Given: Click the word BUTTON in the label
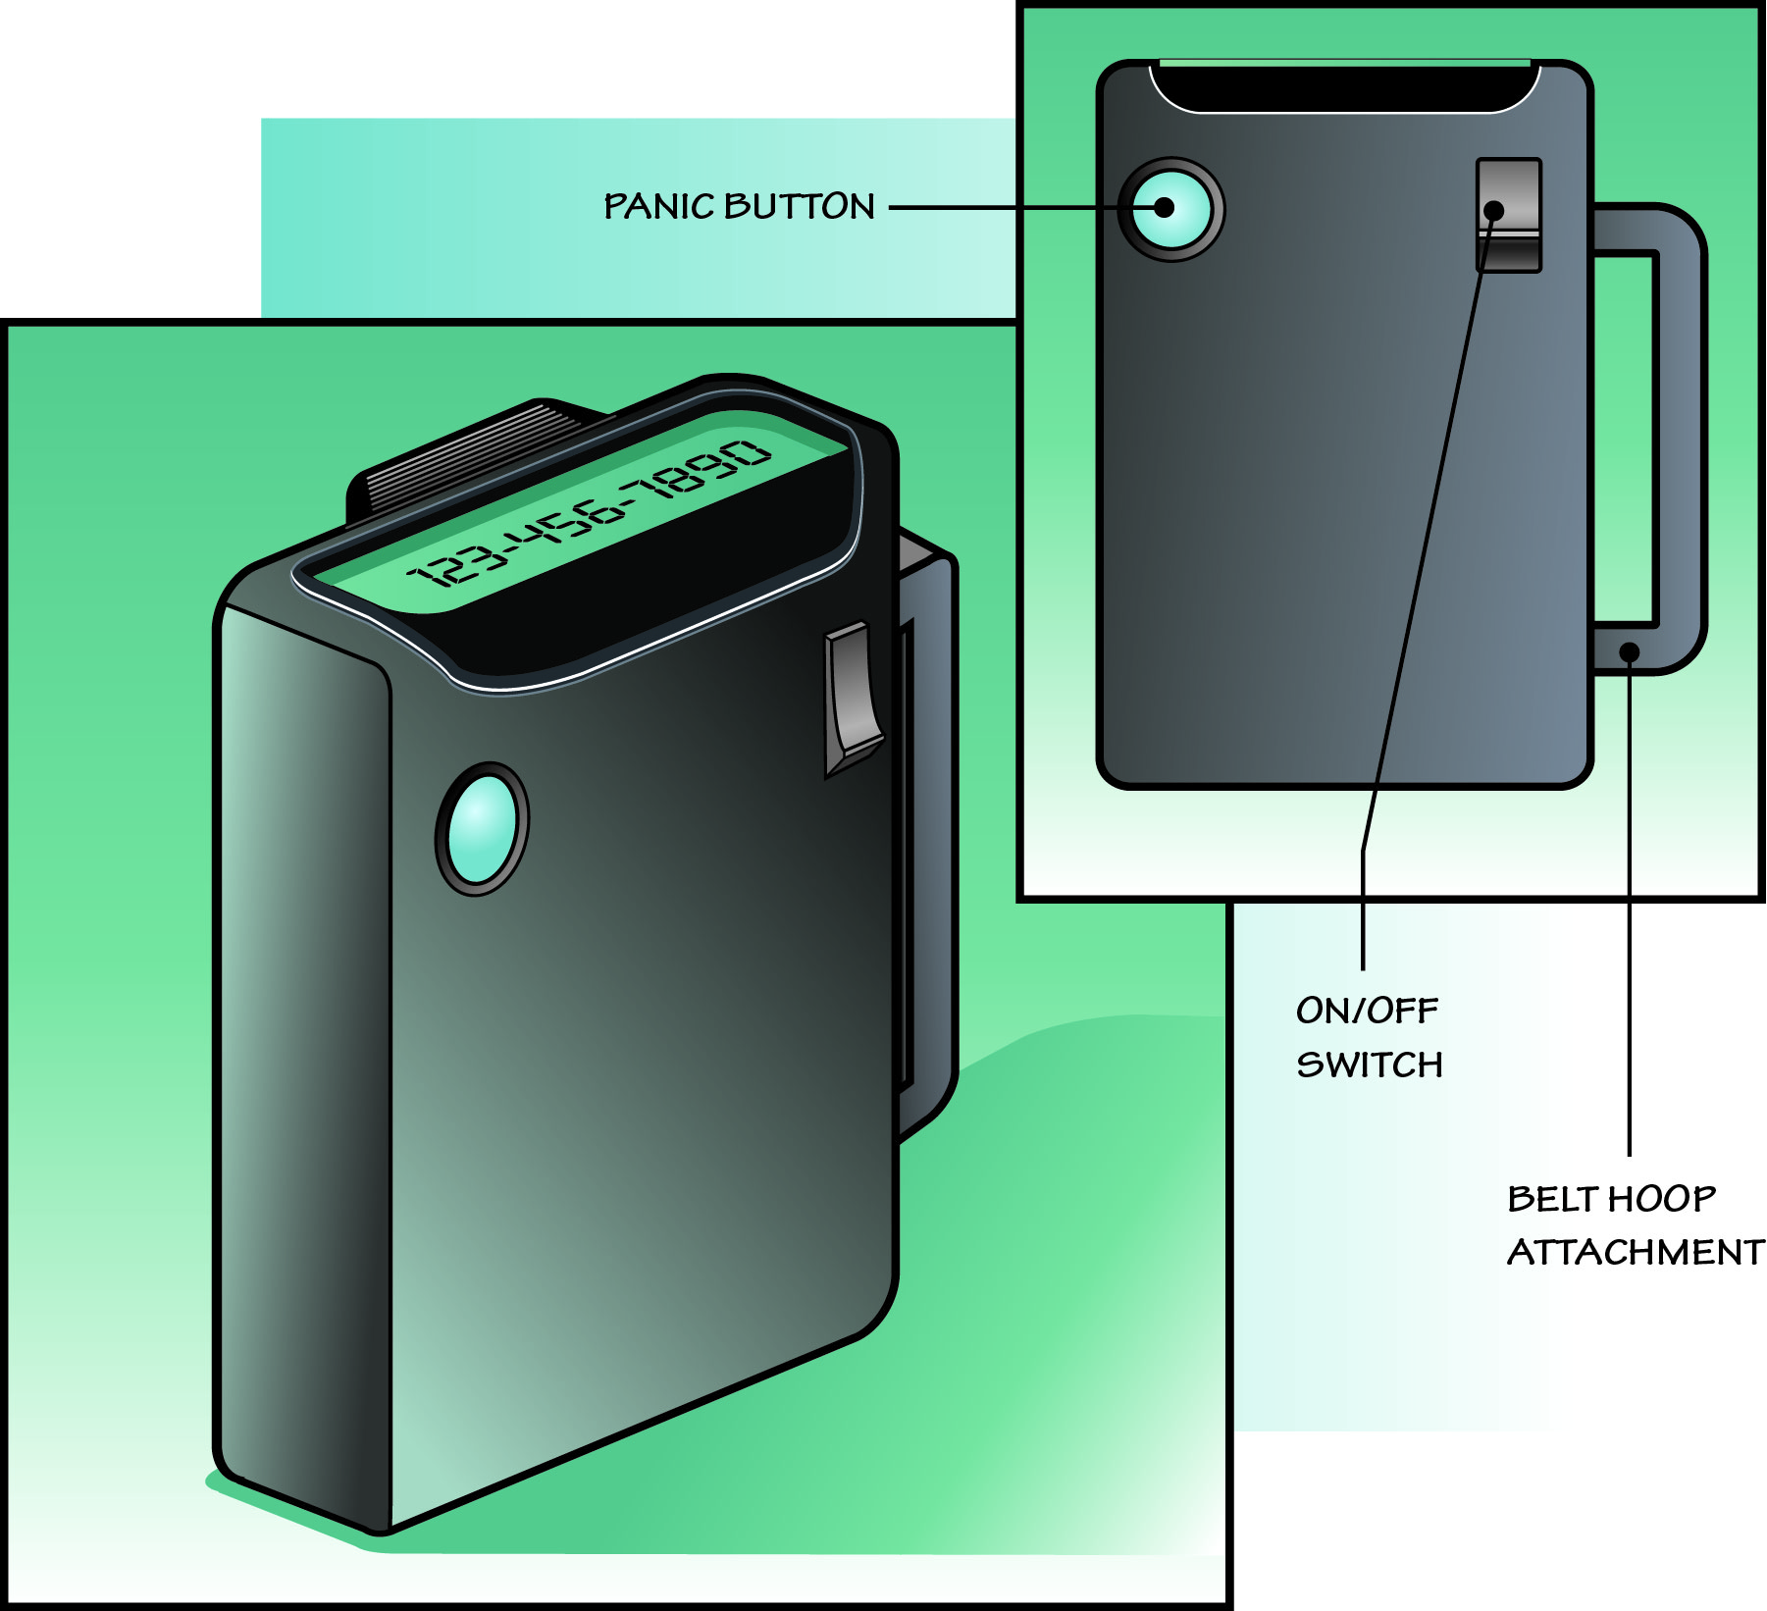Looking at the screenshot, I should click(x=800, y=207).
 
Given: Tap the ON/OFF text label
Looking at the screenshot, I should click(x=1367, y=1011).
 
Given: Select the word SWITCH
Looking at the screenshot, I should click(x=1370, y=1065).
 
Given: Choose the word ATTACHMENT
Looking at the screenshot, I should click(x=1635, y=1253).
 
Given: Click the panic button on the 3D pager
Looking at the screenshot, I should click(x=482, y=829).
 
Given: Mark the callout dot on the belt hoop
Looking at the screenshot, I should click(x=1630, y=651).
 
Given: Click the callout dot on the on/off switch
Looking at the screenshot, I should click(x=1494, y=210).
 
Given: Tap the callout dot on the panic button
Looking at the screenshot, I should click(x=1165, y=208).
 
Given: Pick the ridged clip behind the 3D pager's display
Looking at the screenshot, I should click(x=461, y=461).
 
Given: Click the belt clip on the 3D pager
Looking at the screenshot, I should click(x=927, y=834).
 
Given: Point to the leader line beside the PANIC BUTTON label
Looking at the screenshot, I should click(x=1001, y=208).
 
